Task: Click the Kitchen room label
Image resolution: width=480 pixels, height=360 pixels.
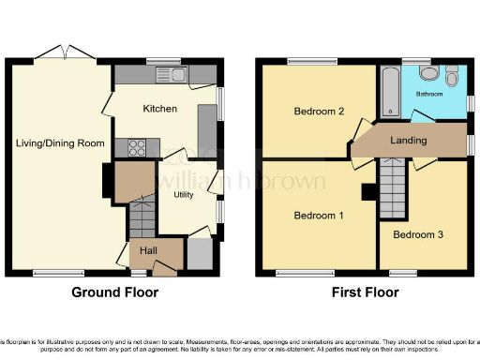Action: (159, 109)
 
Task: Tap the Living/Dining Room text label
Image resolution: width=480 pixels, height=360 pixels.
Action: (58, 142)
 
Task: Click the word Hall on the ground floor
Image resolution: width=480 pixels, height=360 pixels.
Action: (148, 250)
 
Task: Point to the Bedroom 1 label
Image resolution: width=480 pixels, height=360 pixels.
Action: (318, 216)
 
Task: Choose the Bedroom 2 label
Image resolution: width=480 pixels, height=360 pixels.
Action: (319, 112)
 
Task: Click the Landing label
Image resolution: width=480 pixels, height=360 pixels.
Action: (408, 141)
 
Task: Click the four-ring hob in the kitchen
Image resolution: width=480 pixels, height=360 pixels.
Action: (134, 146)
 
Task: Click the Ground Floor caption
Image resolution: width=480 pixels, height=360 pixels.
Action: (115, 292)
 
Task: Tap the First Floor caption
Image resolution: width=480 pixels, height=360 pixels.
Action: (366, 292)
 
